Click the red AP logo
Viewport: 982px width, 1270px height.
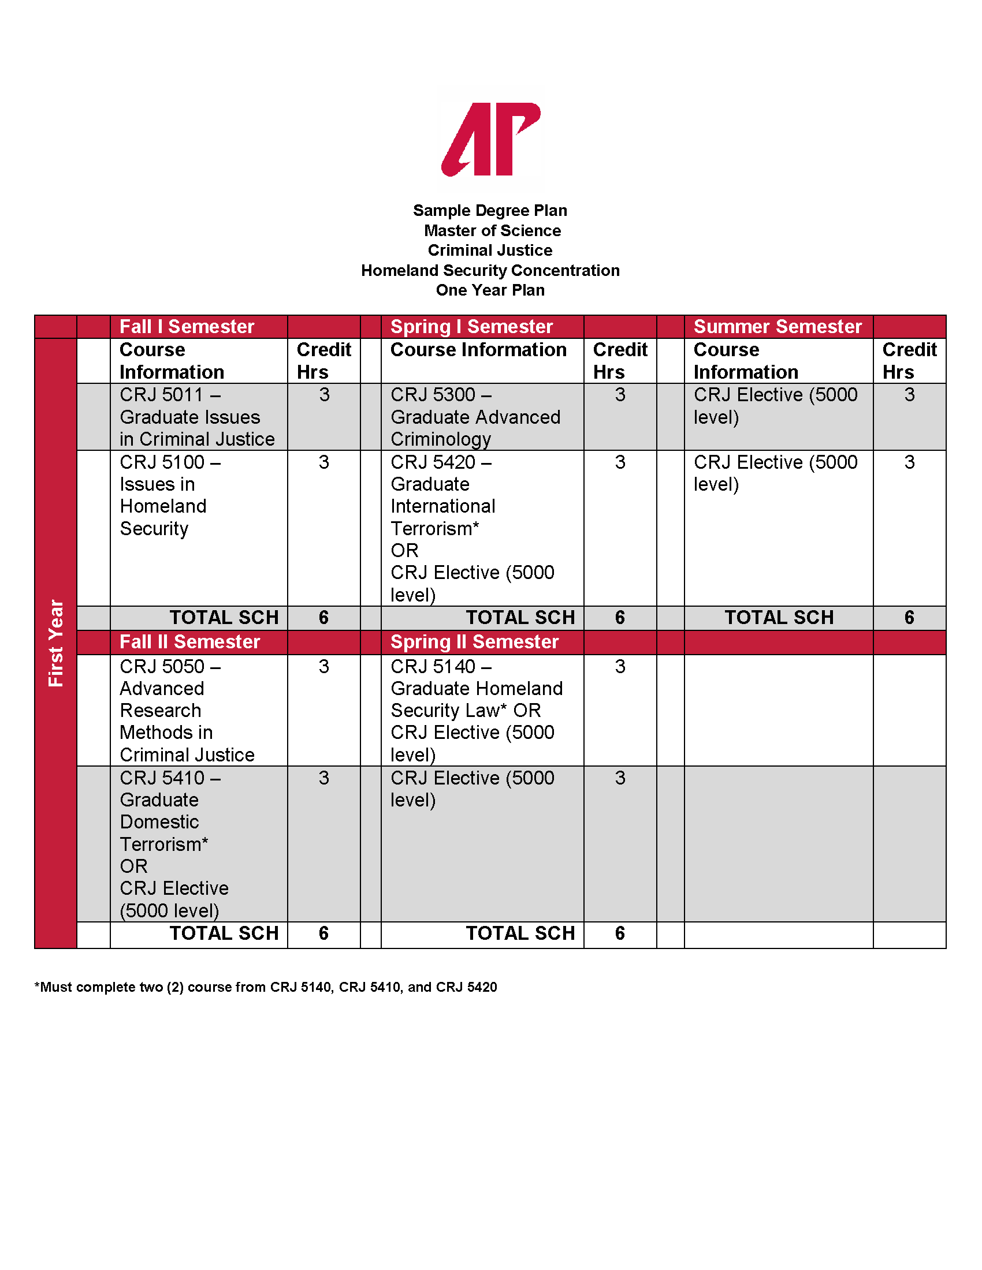[490, 139]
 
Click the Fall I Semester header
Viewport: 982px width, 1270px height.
[187, 327]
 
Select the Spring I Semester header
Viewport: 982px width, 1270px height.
[471, 327]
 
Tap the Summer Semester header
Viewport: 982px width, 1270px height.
[777, 327]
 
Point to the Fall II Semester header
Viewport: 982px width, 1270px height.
[189, 642]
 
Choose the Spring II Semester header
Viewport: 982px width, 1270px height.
[474, 642]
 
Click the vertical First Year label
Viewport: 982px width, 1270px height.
[55, 643]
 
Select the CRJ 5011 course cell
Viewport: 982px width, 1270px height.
[196, 417]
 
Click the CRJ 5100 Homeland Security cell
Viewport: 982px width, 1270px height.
[163, 495]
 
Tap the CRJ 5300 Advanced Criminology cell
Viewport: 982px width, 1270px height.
[475, 417]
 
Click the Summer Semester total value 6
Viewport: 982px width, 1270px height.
[909, 618]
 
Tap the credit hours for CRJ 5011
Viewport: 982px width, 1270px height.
[324, 395]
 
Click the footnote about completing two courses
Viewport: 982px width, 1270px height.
[266, 987]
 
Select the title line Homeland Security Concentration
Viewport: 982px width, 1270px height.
[490, 270]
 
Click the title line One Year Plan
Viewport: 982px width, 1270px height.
[490, 290]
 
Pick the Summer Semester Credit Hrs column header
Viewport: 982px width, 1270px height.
[909, 361]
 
